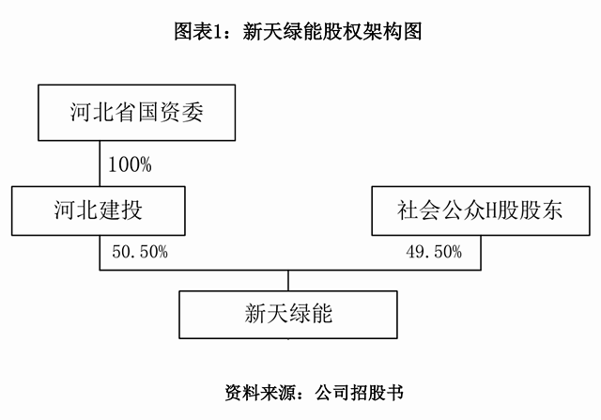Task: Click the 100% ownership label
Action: tap(130, 164)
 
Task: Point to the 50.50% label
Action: tap(140, 252)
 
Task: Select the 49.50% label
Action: tap(434, 252)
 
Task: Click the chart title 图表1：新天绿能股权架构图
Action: tap(299, 31)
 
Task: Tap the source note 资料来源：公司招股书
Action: tap(315, 393)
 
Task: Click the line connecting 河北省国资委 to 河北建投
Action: tap(100, 163)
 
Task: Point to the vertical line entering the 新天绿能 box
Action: tap(288, 280)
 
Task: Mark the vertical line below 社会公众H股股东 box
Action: tap(481, 253)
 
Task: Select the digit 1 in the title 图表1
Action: tap(217, 31)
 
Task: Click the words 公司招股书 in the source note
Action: tap(360, 393)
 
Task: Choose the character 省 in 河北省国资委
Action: tap(125, 113)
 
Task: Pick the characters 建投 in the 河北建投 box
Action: tap(120, 210)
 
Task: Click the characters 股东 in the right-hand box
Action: tap(541, 210)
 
